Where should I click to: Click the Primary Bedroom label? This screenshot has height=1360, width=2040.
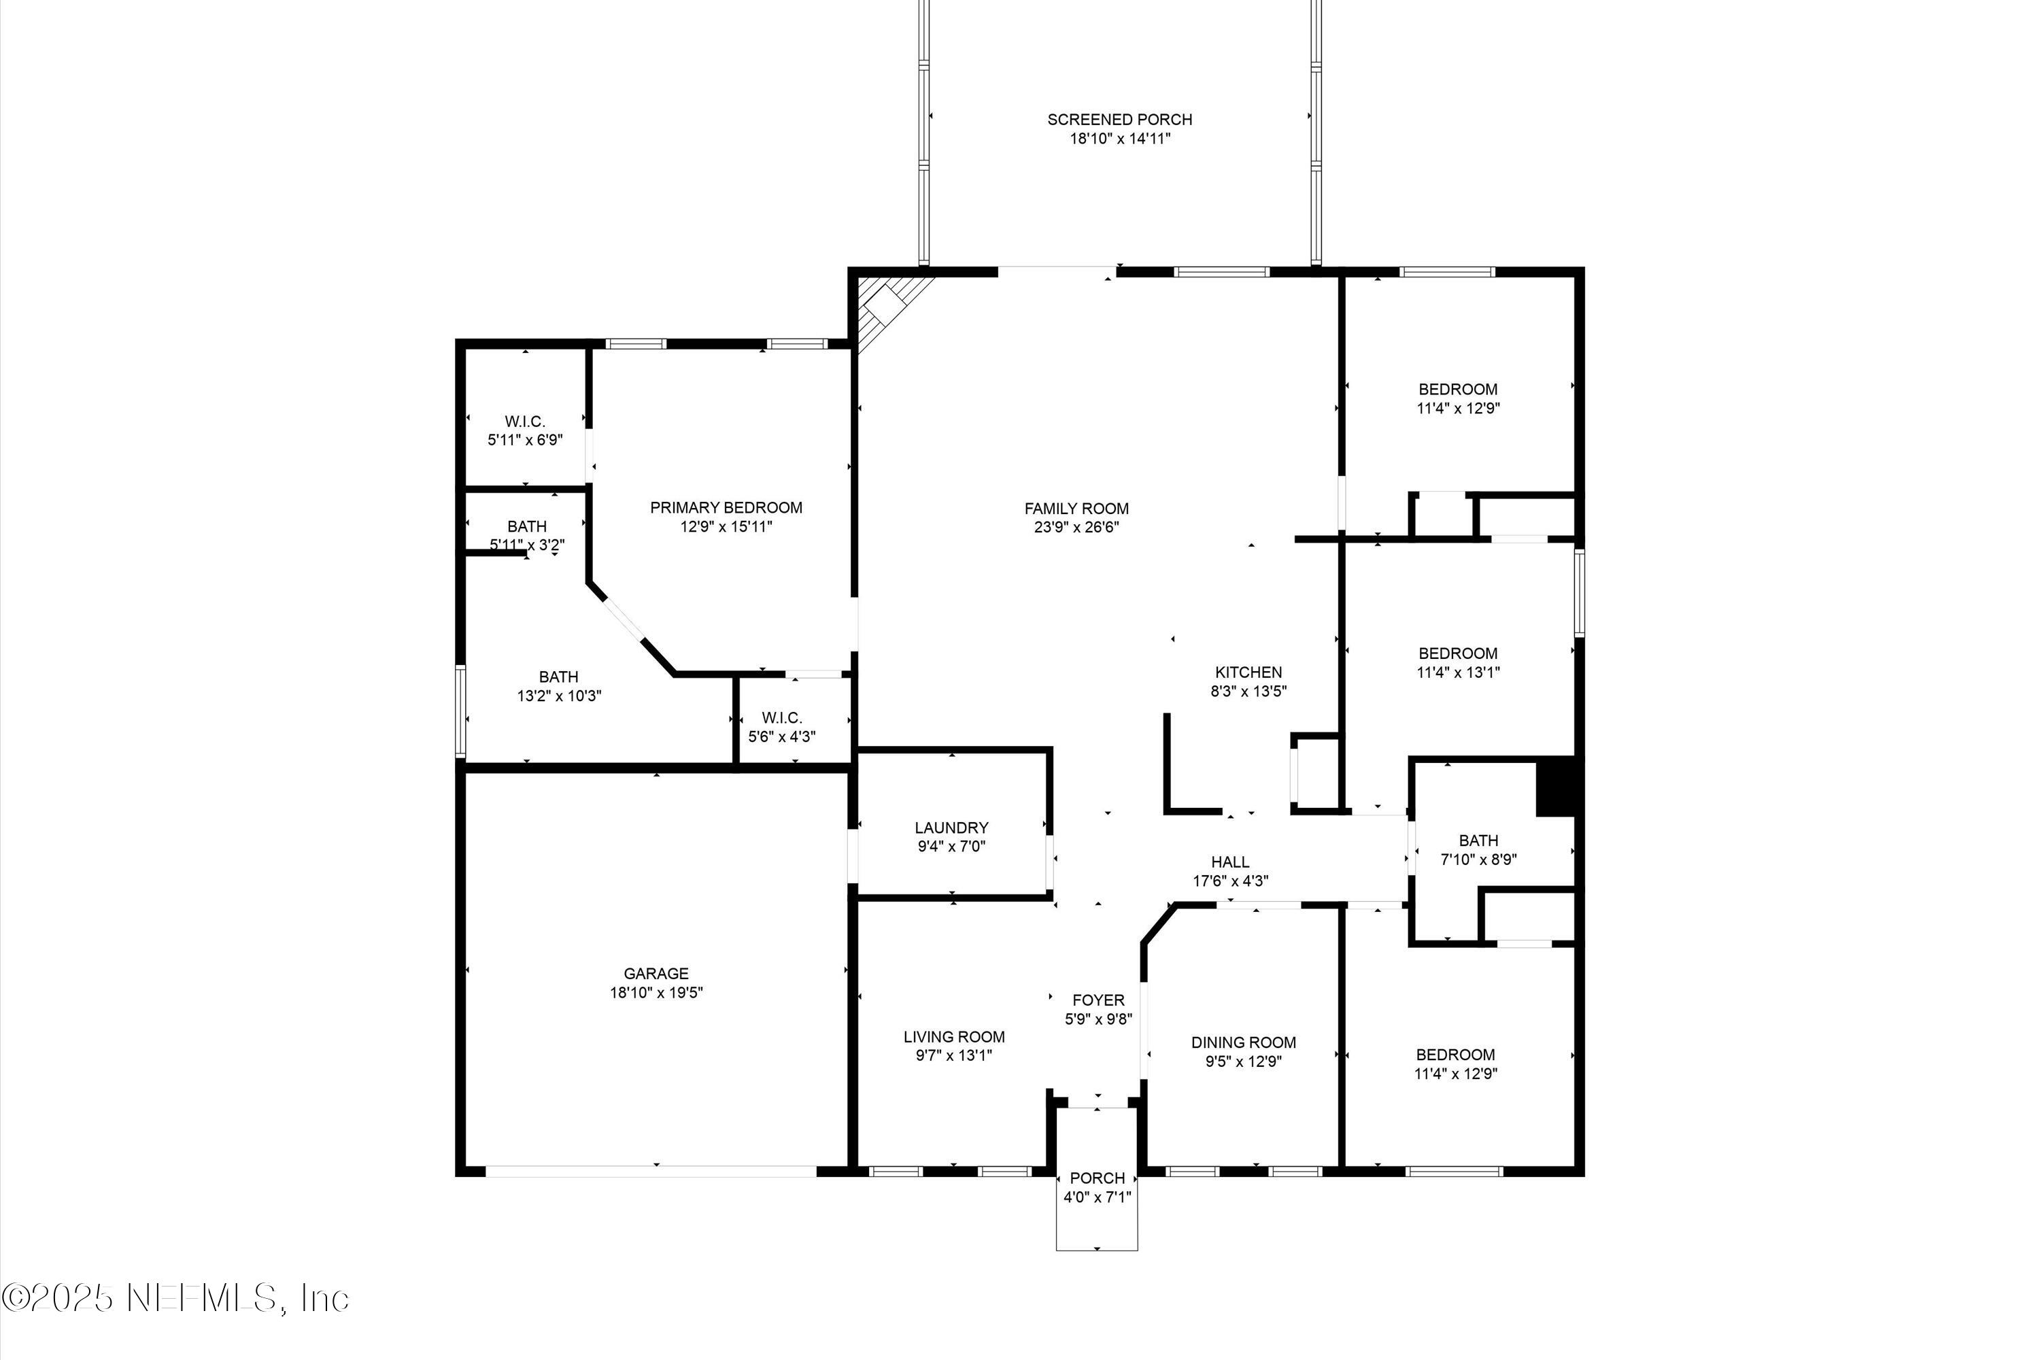click(726, 507)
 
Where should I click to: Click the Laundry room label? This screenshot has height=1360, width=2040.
click(951, 828)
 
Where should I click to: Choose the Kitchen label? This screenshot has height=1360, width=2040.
click(1248, 673)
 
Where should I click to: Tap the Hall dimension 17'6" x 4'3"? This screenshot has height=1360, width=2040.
click(1230, 881)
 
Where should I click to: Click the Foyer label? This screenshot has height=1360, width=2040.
click(1098, 1000)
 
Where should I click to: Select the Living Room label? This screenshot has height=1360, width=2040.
click(954, 1036)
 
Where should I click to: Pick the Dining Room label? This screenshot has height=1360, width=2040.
click(1243, 1042)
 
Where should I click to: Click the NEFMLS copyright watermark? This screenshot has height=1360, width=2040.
click(175, 1298)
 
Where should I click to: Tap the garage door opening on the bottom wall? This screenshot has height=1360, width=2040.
click(651, 1171)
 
